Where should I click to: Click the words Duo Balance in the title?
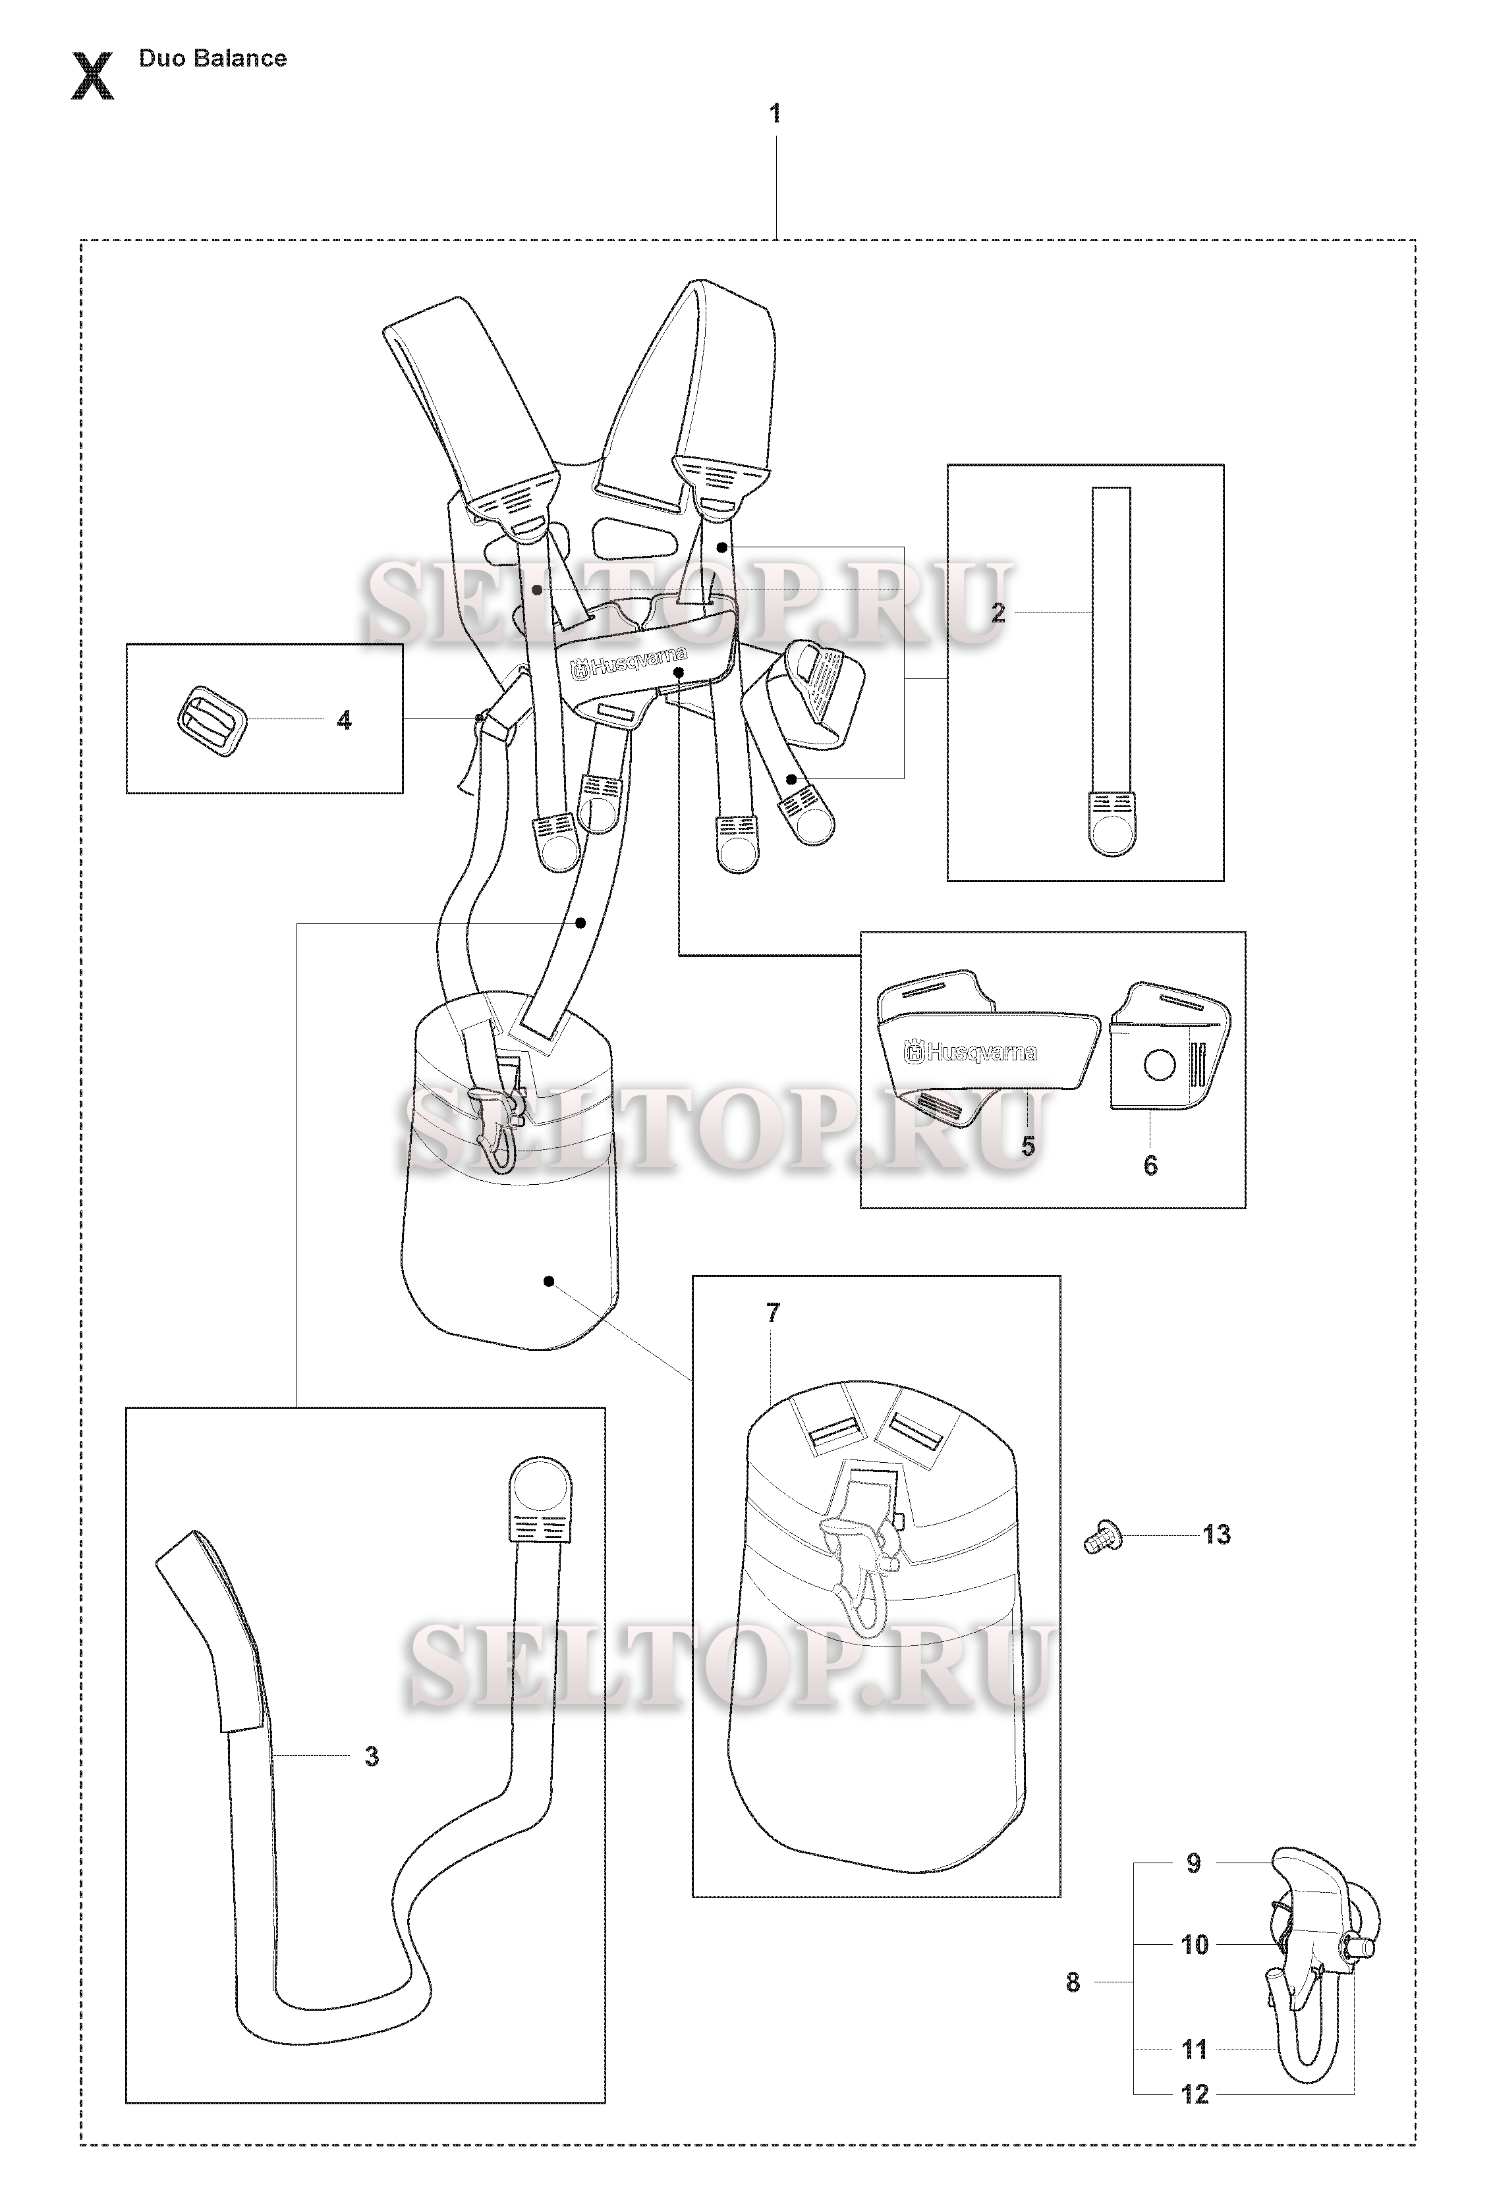(213, 58)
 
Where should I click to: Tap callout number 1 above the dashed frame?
(775, 114)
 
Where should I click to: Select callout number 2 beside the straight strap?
(998, 613)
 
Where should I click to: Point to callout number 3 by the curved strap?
(372, 1756)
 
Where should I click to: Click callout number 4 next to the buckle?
(344, 720)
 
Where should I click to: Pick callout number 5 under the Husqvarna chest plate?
(1028, 1146)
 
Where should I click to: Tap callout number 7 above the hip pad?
(773, 1313)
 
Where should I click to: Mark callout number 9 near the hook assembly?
(1194, 1863)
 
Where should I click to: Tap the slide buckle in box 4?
(211, 720)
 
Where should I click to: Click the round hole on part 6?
(1160, 1064)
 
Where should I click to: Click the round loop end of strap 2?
(1112, 834)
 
